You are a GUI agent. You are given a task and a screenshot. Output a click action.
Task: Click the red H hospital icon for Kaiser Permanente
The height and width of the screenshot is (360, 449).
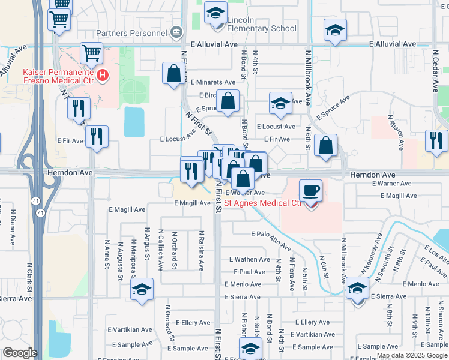(103, 76)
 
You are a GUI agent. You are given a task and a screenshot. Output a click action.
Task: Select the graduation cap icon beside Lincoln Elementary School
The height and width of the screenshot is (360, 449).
(215, 12)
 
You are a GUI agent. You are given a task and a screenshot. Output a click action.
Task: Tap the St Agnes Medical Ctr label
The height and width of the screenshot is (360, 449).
(262, 203)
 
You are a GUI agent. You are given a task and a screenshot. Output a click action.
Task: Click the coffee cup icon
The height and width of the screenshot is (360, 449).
(310, 190)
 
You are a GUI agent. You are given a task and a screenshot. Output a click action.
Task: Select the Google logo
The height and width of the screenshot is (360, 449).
(20, 353)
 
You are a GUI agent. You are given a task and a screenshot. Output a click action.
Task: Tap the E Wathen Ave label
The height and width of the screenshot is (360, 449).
(250, 259)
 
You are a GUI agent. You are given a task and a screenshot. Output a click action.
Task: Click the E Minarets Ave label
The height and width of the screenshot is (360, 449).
(213, 82)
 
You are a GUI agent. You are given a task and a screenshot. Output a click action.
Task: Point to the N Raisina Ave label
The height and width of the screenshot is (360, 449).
(202, 250)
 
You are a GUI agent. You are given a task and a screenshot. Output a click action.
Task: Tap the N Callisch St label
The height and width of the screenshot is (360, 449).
(160, 250)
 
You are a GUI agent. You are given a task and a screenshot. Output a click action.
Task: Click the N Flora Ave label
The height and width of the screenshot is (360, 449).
(291, 274)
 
